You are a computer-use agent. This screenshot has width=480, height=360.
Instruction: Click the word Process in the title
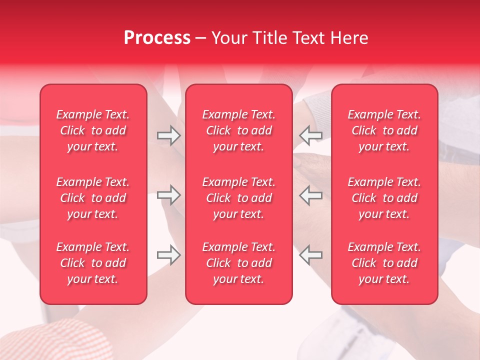click(157, 38)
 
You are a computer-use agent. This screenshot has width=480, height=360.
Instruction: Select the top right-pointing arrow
click(169, 135)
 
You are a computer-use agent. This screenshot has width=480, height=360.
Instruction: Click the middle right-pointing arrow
click(169, 195)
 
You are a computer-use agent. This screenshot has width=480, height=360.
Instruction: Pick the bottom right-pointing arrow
click(169, 255)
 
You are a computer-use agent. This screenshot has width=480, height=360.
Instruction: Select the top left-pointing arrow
click(311, 135)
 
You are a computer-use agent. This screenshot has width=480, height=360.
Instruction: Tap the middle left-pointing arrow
click(311, 195)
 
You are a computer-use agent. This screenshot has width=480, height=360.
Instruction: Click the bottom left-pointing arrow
click(311, 255)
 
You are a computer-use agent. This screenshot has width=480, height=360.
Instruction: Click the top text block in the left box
click(93, 130)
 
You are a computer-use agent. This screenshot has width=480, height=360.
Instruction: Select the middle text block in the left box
click(93, 198)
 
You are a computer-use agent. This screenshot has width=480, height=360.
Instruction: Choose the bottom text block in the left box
click(93, 263)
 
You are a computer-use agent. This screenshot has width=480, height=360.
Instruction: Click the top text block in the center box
click(238, 130)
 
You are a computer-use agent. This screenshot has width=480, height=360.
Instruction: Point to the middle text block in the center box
click(238, 198)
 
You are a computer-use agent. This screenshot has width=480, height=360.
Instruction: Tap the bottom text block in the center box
click(238, 263)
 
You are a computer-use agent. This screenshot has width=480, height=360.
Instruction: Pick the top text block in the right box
click(384, 130)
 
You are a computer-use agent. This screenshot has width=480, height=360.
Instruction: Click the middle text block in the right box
click(384, 198)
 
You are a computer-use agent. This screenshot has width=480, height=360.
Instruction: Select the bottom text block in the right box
click(384, 263)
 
